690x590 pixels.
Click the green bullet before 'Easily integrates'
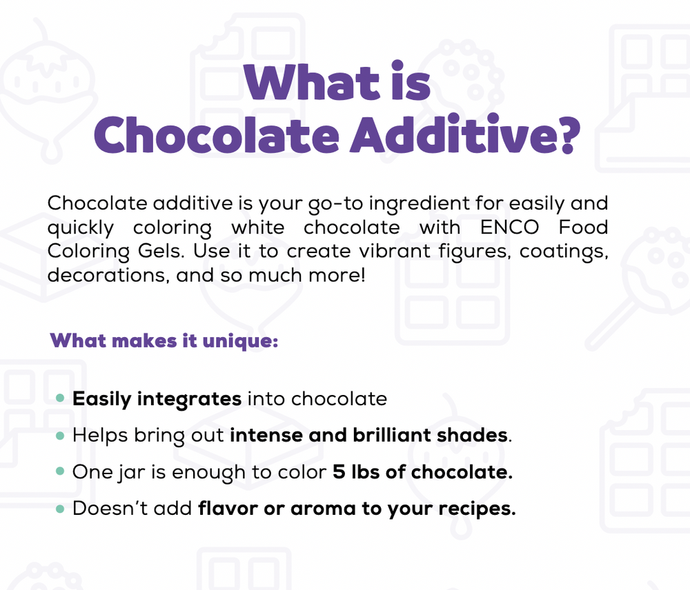tap(60, 398)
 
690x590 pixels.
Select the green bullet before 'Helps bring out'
tap(60, 436)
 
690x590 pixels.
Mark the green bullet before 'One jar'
tap(60, 473)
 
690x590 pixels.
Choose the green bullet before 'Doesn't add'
tap(60, 509)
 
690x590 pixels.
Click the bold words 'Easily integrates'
tap(157, 399)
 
